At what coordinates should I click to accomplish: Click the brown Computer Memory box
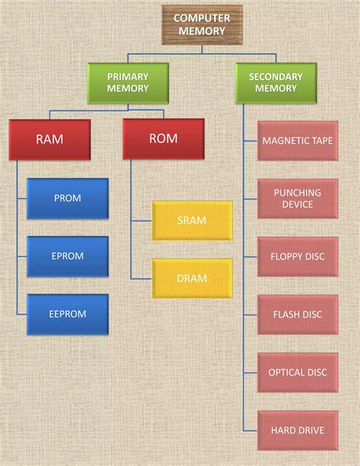point(201,24)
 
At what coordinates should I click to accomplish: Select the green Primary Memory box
point(128,83)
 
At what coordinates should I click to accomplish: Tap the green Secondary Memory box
point(276,83)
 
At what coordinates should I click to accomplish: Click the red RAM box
point(49,139)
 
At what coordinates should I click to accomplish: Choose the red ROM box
point(163,139)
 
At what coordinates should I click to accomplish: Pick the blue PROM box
point(68,198)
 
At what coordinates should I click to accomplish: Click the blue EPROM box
point(68,256)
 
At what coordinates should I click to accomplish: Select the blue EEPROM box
point(68,314)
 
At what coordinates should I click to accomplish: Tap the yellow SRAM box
point(192,220)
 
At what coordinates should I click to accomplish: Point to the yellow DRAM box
point(192,278)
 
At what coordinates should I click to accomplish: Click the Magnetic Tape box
point(297,141)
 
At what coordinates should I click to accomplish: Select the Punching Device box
point(297,198)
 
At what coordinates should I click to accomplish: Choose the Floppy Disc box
point(297,256)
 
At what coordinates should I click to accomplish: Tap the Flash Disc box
point(297,314)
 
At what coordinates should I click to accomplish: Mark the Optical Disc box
point(297,372)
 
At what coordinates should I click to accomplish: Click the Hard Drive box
point(297,430)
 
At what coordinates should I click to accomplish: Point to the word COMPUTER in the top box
point(201,17)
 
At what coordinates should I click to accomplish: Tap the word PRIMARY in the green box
point(128,76)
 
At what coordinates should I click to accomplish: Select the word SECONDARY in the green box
point(276,76)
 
